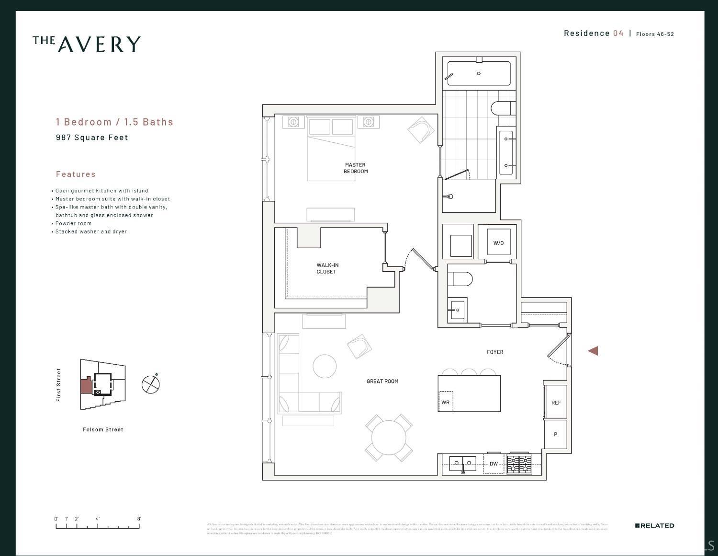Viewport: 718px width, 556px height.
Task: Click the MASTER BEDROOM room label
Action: click(x=355, y=168)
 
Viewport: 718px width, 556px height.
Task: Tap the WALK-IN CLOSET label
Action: click(x=327, y=268)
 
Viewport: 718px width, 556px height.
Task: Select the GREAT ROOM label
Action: click(x=382, y=381)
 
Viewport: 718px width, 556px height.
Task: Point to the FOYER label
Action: click(x=495, y=352)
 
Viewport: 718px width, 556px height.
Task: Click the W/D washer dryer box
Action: click(x=498, y=243)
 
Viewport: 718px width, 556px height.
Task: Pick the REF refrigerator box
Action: click(x=556, y=402)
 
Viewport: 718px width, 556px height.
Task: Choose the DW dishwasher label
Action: click(x=494, y=463)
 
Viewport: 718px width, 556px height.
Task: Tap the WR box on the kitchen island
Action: click(x=445, y=402)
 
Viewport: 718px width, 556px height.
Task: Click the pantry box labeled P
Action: click(x=555, y=434)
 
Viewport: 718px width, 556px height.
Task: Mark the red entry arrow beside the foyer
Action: click(x=593, y=351)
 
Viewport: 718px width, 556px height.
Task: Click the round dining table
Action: click(x=389, y=438)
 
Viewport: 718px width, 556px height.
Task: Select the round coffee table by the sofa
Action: click(x=325, y=366)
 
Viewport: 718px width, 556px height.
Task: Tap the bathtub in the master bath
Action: click(x=478, y=73)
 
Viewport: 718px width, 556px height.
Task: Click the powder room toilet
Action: click(x=461, y=278)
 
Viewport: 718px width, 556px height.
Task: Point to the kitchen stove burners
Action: click(x=519, y=464)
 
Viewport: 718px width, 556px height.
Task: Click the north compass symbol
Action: click(x=151, y=383)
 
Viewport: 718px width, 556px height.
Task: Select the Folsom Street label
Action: click(x=103, y=429)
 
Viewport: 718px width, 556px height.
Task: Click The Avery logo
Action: click(x=87, y=44)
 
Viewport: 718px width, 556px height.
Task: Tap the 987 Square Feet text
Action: click(x=92, y=138)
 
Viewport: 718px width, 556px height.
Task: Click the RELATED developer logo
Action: click(x=654, y=526)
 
